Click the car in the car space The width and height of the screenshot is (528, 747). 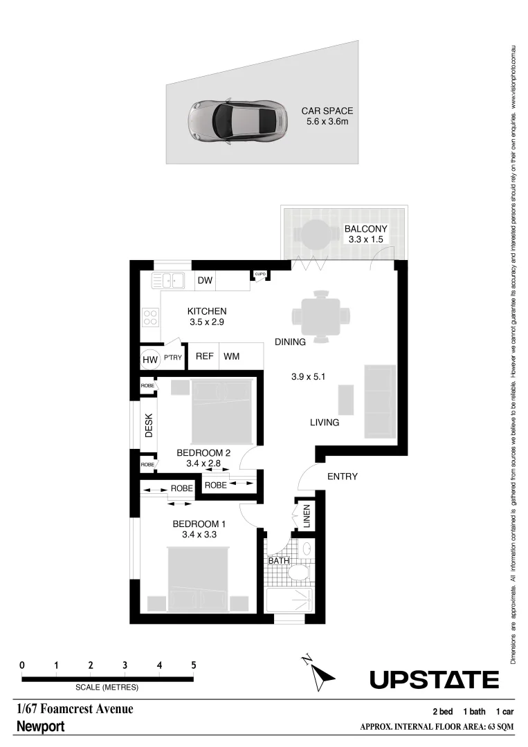point(237,122)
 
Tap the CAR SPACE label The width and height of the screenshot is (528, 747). point(327,111)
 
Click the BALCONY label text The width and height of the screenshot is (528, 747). point(365,230)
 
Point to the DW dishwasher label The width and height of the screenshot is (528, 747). point(204,281)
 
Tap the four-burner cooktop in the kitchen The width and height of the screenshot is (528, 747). point(150,317)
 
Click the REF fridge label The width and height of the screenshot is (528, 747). point(203,357)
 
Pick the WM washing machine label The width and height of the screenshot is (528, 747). point(231,357)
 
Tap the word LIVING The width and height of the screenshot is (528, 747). point(324,422)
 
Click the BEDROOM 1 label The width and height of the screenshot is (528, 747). point(199,525)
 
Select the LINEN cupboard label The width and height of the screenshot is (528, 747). point(306,516)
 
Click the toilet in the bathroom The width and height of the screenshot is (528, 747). point(300,573)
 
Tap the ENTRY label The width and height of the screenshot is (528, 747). point(342,477)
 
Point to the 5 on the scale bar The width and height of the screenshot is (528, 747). point(194,665)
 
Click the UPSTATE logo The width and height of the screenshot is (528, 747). point(434,681)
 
